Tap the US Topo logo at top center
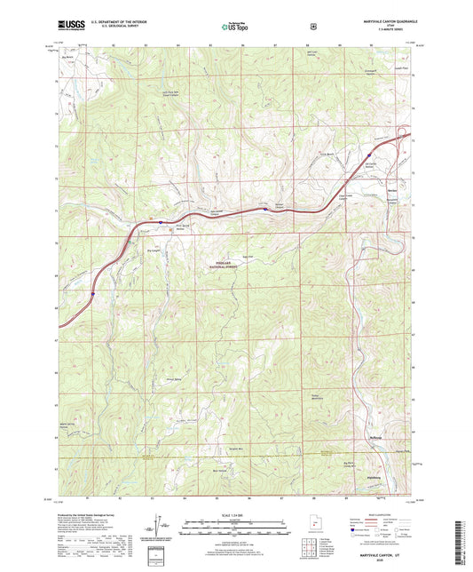[x=235, y=27]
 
